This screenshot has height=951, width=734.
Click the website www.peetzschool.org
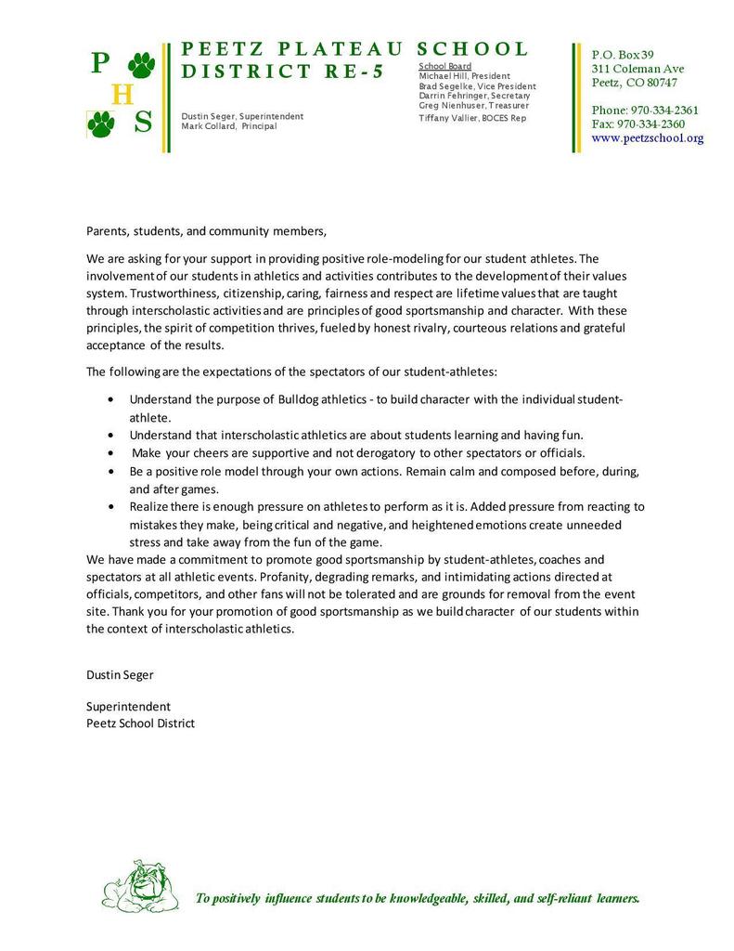(648, 138)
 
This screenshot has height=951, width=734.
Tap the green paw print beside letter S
(101, 123)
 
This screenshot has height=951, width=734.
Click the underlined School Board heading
(445, 67)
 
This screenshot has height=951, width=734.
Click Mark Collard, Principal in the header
(228, 126)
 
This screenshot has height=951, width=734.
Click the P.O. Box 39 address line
(623, 55)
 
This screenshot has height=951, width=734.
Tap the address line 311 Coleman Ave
(637, 69)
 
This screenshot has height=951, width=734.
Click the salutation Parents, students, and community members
(207, 230)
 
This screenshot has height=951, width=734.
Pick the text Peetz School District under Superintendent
(140, 723)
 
